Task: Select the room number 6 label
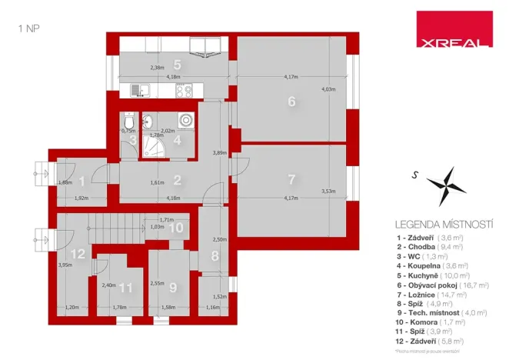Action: coord(291,101)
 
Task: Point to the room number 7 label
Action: coord(291,180)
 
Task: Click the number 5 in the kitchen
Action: coord(176,65)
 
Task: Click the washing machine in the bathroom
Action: coord(185,120)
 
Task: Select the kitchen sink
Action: coord(138,91)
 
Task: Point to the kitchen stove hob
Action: coord(185,91)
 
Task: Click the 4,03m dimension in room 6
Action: coord(328,90)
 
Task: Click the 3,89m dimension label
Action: coord(220,152)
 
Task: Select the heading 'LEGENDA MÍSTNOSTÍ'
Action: coord(443,224)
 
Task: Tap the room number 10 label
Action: coord(176,227)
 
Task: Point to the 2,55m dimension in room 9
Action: coord(156,283)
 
